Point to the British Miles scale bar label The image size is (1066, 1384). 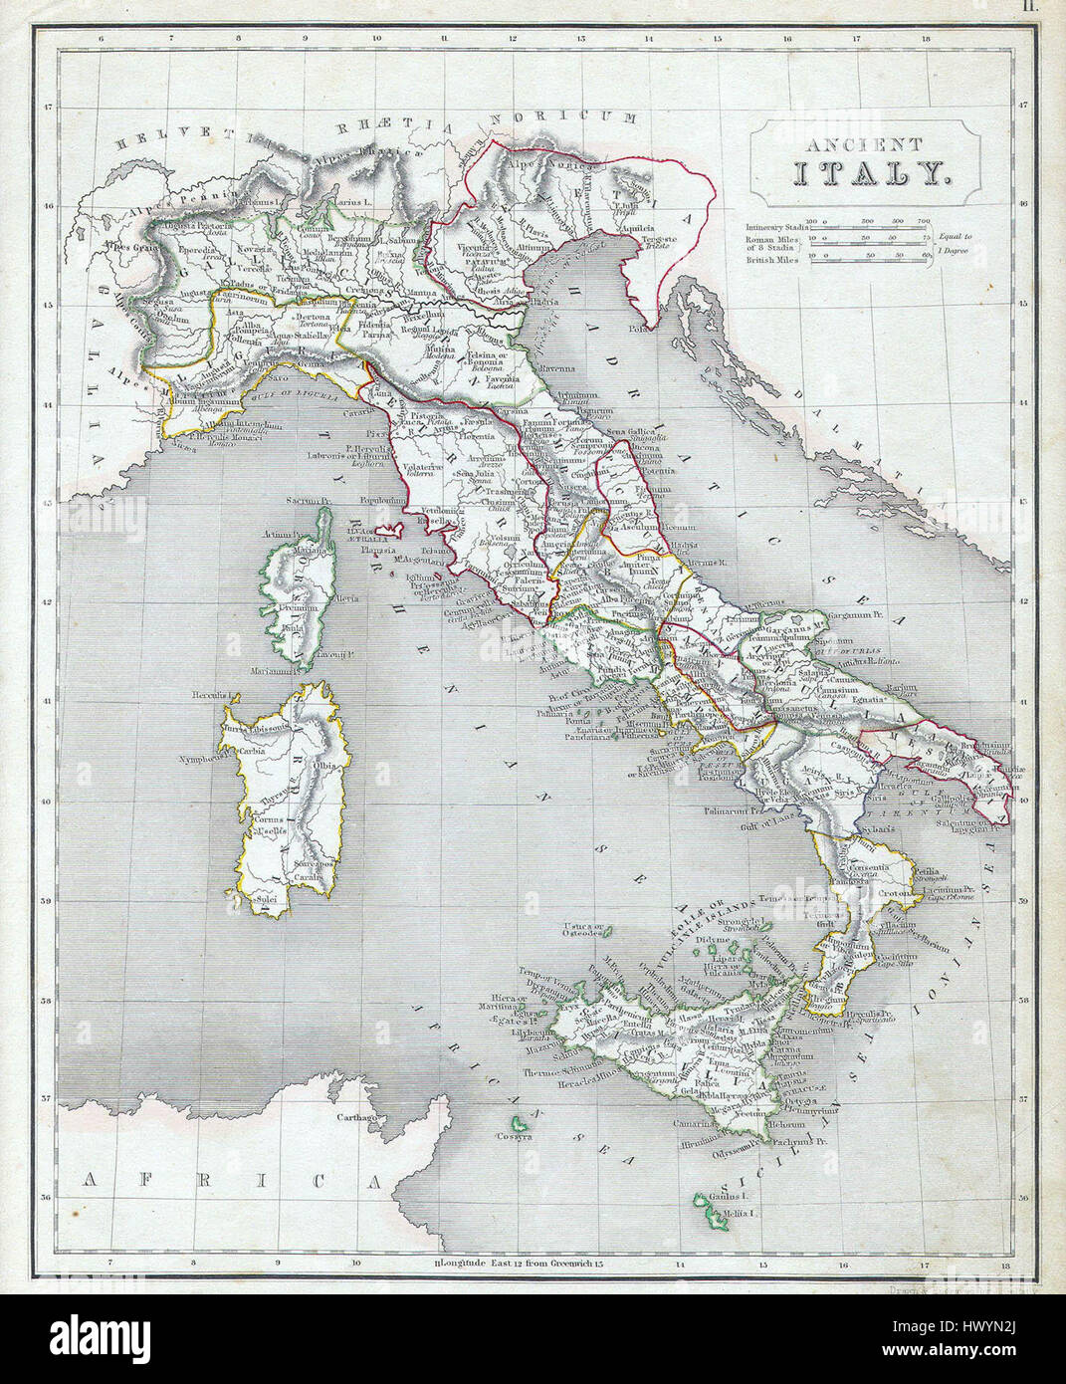click(772, 257)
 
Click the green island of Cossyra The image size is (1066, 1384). click(514, 1134)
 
